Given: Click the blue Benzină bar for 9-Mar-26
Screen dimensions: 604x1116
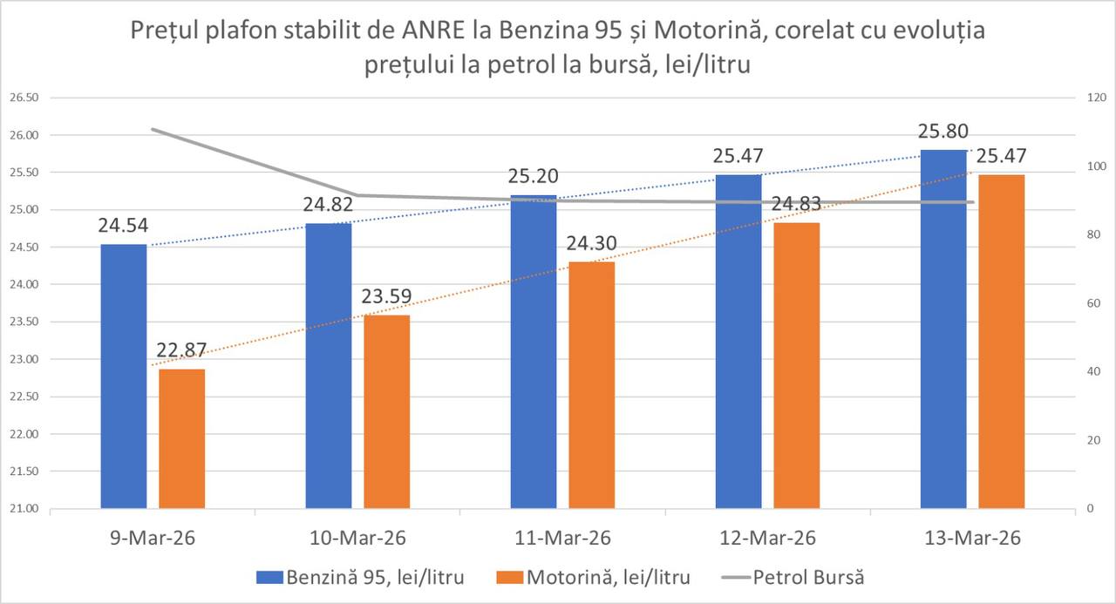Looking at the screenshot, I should (124, 376).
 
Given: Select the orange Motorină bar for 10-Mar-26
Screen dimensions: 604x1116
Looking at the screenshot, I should (386, 411).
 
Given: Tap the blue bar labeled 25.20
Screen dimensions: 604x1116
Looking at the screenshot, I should (534, 351).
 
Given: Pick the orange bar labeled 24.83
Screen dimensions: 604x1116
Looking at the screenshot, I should (797, 365).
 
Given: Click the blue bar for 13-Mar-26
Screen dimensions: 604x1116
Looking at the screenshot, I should (944, 329).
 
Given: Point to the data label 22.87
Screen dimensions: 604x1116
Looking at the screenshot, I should (181, 350).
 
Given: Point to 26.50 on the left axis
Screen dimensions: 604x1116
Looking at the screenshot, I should (24, 98).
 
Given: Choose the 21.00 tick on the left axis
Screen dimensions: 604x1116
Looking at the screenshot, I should (24, 509).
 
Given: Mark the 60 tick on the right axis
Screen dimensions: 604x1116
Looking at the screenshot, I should (1085, 303).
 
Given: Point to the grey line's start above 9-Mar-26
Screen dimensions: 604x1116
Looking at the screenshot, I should (153, 129).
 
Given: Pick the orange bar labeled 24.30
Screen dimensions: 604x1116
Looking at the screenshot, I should (591, 384).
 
